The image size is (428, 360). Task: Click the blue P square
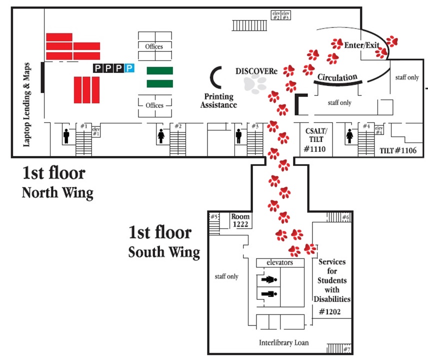point(129,67)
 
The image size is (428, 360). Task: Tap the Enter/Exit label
point(362,45)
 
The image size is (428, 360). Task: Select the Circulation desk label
point(338,78)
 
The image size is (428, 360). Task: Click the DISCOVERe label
point(256,71)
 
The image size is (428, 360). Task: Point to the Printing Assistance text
point(218,100)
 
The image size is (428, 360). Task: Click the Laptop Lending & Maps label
point(27,104)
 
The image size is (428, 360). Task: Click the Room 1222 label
point(240,220)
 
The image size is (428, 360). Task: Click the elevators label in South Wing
point(279,262)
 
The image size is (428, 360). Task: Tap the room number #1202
point(329,311)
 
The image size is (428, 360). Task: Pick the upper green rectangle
point(160,70)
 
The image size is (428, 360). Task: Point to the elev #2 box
point(275,15)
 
